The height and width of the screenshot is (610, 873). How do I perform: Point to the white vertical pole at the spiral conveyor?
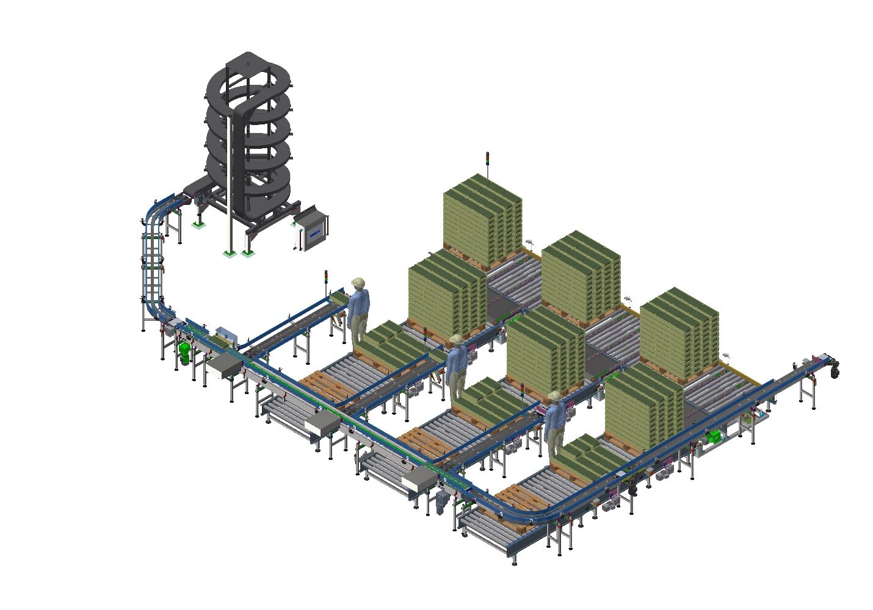[x=229, y=183]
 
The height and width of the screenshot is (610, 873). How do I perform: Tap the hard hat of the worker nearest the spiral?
[x=358, y=282]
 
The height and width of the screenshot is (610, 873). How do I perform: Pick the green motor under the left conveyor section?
[x=184, y=352]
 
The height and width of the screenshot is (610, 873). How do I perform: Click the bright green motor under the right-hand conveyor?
[x=713, y=436]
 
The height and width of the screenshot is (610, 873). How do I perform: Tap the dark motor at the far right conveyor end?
[x=833, y=367]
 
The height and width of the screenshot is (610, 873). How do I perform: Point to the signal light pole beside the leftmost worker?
[x=326, y=282]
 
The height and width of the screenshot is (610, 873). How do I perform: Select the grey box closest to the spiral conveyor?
[x=223, y=365]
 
